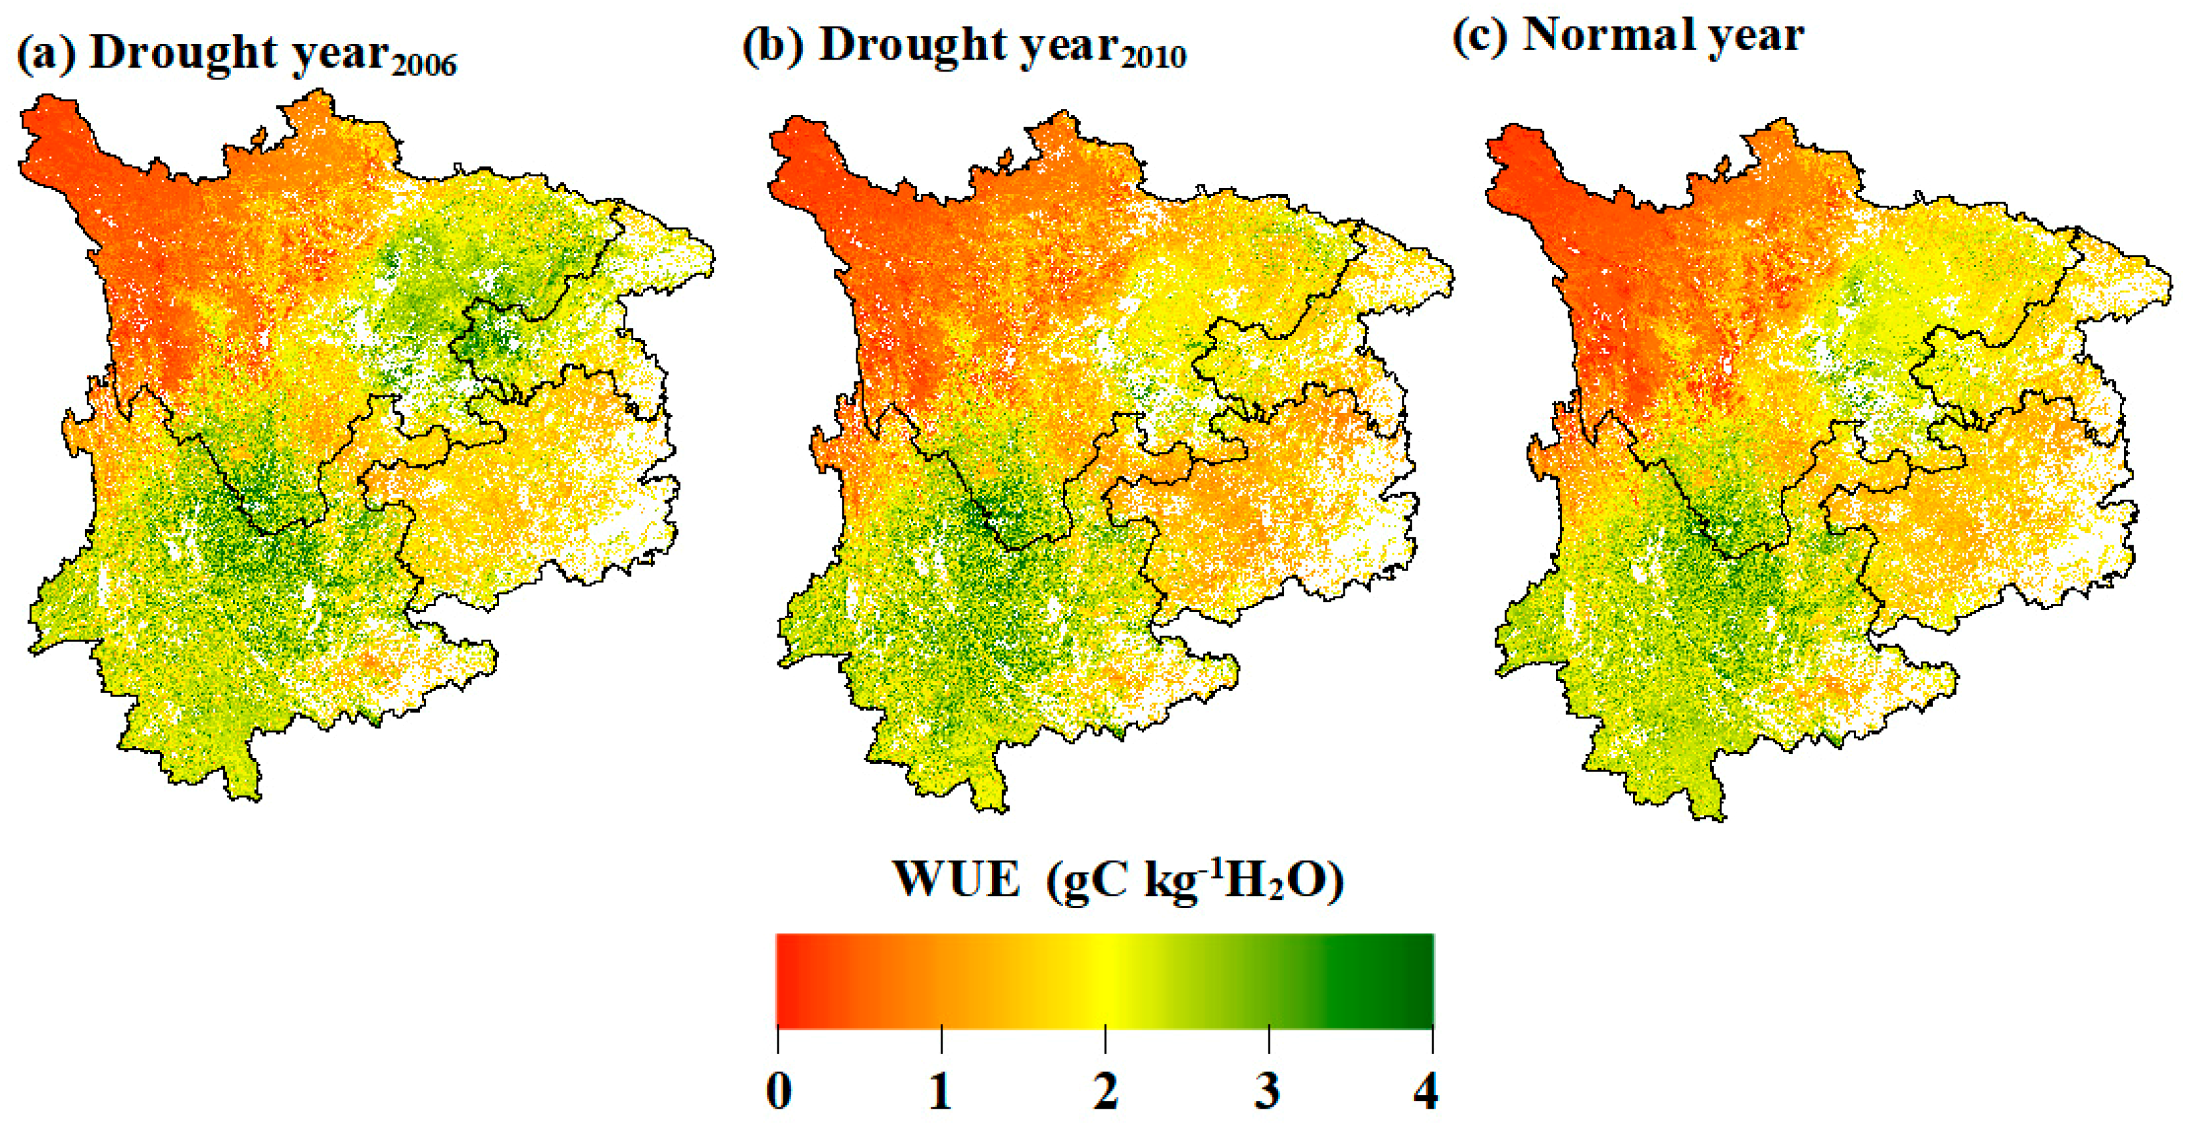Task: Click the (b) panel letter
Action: pos(772,47)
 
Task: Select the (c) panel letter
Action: pos(1479,37)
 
